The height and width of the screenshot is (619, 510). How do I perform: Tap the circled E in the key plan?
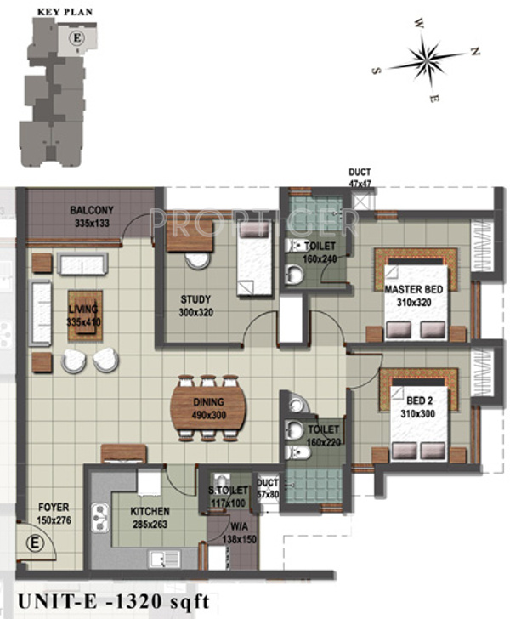pyautogui.click(x=76, y=37)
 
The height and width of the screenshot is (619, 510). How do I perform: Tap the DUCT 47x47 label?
pyautogui.click(x=360, y=178)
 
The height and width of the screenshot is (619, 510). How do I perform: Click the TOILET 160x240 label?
pyautogui.click(x=318, y=252)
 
